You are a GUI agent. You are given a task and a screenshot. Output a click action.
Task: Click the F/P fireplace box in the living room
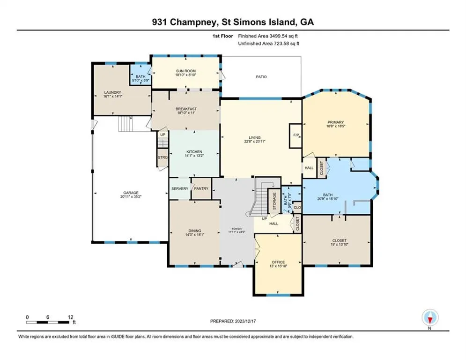click(x=296, y=135)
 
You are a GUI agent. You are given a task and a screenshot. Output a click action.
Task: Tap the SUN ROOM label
click(x=186, y=71)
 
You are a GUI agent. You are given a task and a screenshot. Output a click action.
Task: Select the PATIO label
click(x=261, y=77)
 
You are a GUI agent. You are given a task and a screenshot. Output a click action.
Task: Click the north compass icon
click(x=430, y=317)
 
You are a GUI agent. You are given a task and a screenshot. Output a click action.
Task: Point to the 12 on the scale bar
click(x=70, y=317)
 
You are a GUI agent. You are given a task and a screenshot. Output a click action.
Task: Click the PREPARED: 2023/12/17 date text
click(x=233, y=321)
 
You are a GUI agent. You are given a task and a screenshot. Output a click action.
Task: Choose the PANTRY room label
click(x=201, y=188)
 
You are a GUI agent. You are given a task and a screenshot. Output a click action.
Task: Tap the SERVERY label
click(x=180, y=188)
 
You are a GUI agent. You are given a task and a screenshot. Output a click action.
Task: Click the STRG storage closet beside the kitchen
click(x=163, y=157)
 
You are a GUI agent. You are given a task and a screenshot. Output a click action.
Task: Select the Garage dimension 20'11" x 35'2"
click(x=131, y=197)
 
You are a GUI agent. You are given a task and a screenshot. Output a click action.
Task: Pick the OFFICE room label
click(x=278, y=262)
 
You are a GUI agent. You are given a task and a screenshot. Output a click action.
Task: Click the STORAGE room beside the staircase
click(x=274, y=201)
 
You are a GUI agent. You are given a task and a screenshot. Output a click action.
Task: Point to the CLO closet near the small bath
click(x=297, y=207)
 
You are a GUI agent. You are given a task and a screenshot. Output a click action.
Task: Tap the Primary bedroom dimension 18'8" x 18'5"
click(x=335, y=126)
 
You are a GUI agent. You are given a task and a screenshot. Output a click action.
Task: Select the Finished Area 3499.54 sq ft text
click(x=268, y=36)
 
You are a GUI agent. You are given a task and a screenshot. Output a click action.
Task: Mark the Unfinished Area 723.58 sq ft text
click(x=269, y=44)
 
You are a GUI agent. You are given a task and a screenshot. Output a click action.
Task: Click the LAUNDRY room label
click(x=113, y=92)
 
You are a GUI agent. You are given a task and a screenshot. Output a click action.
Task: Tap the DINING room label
click(x=195, y=231)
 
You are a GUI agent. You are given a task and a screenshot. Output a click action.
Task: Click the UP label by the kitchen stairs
click(x=163, y=135)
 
